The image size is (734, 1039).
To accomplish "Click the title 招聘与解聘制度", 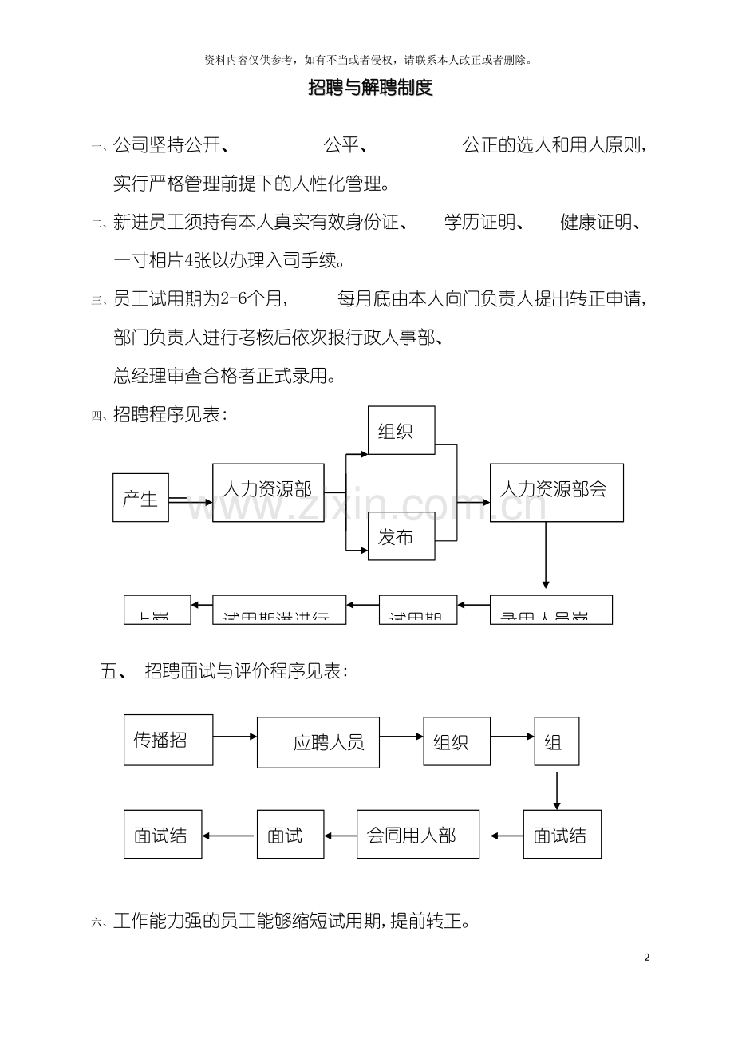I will (370, 89).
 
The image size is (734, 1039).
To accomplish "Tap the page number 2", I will (647, 958).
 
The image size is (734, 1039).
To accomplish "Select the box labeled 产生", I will (140, 499).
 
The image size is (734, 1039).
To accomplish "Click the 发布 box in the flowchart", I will (401, 538).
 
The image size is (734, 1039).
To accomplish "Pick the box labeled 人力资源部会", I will (556, 492).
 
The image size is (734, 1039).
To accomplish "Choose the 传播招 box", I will (168, 740).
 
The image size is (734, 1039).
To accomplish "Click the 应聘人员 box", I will (318, 742).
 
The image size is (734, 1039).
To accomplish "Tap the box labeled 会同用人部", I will (418, 835).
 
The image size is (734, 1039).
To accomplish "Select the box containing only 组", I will (556, 742).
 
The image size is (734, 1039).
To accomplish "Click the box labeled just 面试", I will (290, 835).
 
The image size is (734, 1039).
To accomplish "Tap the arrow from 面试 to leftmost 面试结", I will (229, 836).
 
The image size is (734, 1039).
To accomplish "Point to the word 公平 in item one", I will (341, 145).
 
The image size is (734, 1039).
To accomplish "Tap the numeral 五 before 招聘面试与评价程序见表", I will (109, 671).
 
